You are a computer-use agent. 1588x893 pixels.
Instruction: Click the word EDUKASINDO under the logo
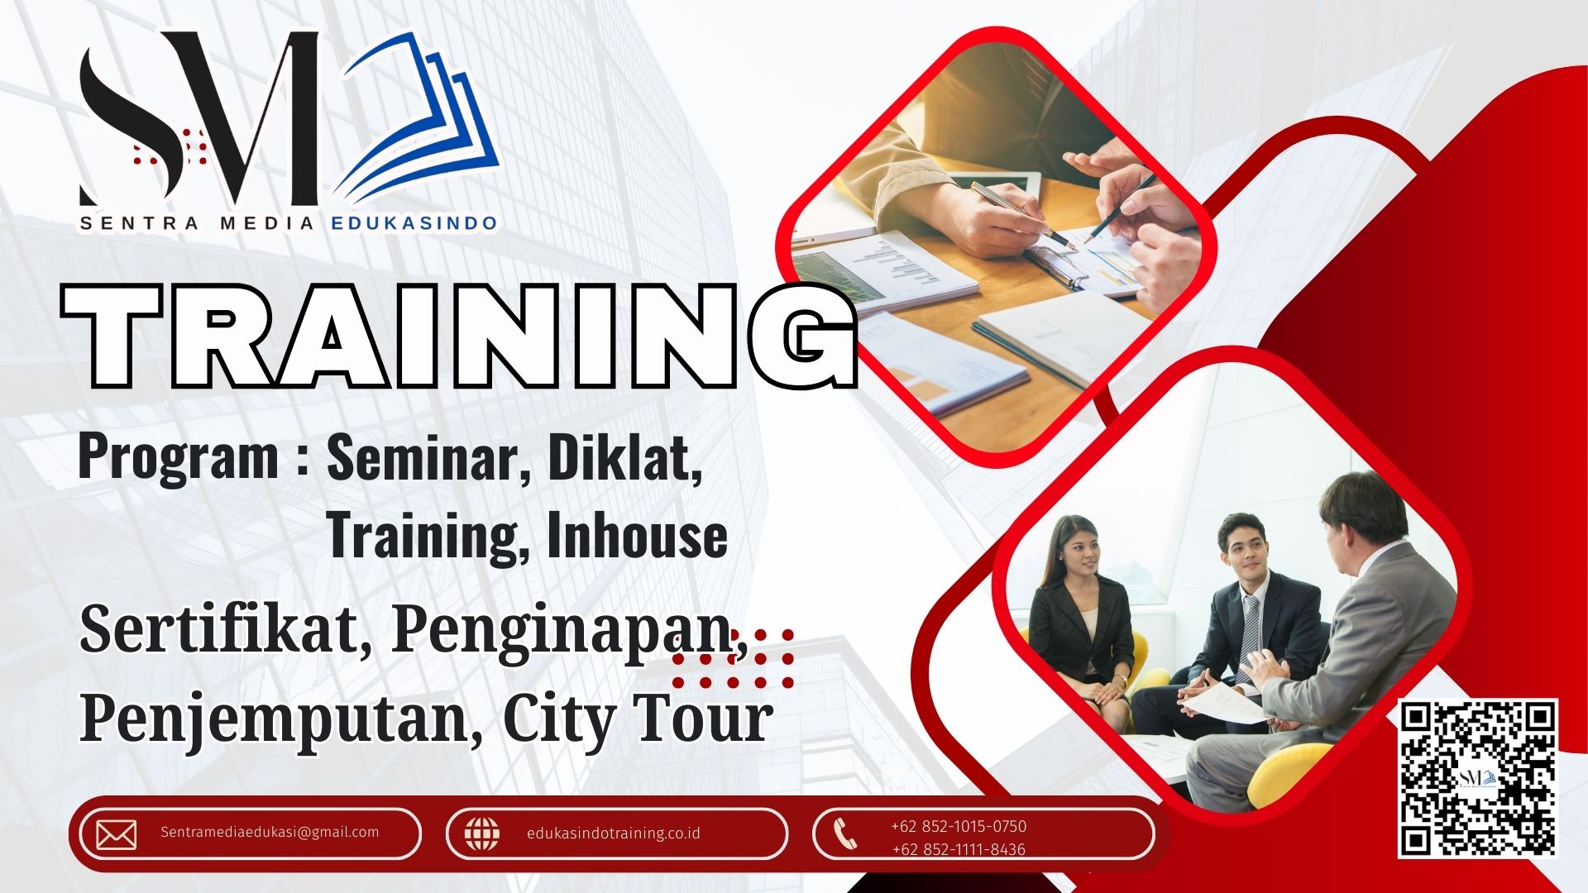pos(414,223)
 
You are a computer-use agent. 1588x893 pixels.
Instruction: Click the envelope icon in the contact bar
pos(117,835)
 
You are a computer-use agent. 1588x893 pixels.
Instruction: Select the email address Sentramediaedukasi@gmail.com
pos(270,832)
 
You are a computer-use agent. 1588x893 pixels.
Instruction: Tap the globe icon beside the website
pos(481,833)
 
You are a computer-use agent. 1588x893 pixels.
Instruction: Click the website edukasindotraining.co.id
pos(614,833)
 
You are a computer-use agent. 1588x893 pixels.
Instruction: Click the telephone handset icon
pos(844,833)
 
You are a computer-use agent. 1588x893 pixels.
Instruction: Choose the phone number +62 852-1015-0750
pos(959,826)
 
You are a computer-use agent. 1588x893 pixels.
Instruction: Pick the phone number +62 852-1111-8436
pos(959,849)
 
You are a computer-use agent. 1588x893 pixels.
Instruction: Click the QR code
pos(1477,779)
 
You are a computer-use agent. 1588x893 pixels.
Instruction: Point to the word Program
pos(178,460)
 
